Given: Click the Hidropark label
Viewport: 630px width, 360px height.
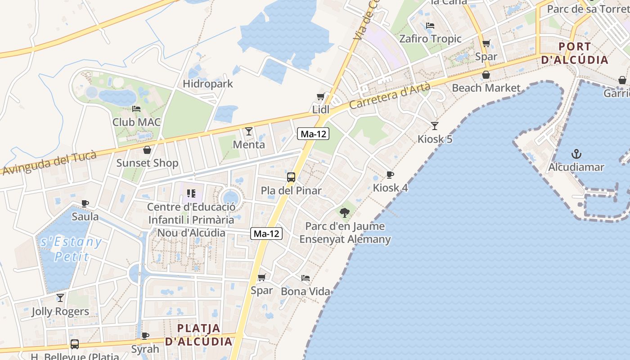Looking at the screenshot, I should [x=208, y=84].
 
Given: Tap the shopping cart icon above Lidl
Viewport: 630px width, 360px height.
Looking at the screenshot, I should [x=321, y=96].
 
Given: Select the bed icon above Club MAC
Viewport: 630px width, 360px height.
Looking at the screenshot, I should [x=136, y=109].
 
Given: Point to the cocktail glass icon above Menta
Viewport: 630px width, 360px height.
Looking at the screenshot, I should [x=249, y=131].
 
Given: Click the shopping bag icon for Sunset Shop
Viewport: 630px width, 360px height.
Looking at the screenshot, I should [x=147, y=150].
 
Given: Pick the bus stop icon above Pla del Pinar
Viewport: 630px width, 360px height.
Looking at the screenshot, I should [x=291, y=177].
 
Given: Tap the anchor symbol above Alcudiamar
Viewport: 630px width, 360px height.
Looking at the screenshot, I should [x=576, y=154].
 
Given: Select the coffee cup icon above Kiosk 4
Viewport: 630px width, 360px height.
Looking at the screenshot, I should [x=390, y=175].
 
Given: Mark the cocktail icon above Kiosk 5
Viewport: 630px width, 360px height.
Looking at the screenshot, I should [x=435, y=126].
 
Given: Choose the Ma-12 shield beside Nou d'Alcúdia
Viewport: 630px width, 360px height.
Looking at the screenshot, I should [x=267, y=234].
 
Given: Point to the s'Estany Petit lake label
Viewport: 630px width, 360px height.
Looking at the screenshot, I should [x=71, y=249].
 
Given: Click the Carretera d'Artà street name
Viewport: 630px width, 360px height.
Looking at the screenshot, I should [x=390, y=96].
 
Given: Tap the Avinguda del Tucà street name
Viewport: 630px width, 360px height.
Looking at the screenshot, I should [x=49, y=163].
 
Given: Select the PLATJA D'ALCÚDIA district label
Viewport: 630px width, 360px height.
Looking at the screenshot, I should [x=199, y=335].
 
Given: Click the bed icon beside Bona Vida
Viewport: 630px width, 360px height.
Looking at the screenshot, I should [x=306, y=278].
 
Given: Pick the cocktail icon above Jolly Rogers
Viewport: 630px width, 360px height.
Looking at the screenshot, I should [x=60, y=298].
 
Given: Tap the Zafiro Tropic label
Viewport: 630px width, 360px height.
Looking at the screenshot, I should [x=431, y=39].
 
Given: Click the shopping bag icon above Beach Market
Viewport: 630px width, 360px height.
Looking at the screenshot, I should [x=486, y=75].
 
